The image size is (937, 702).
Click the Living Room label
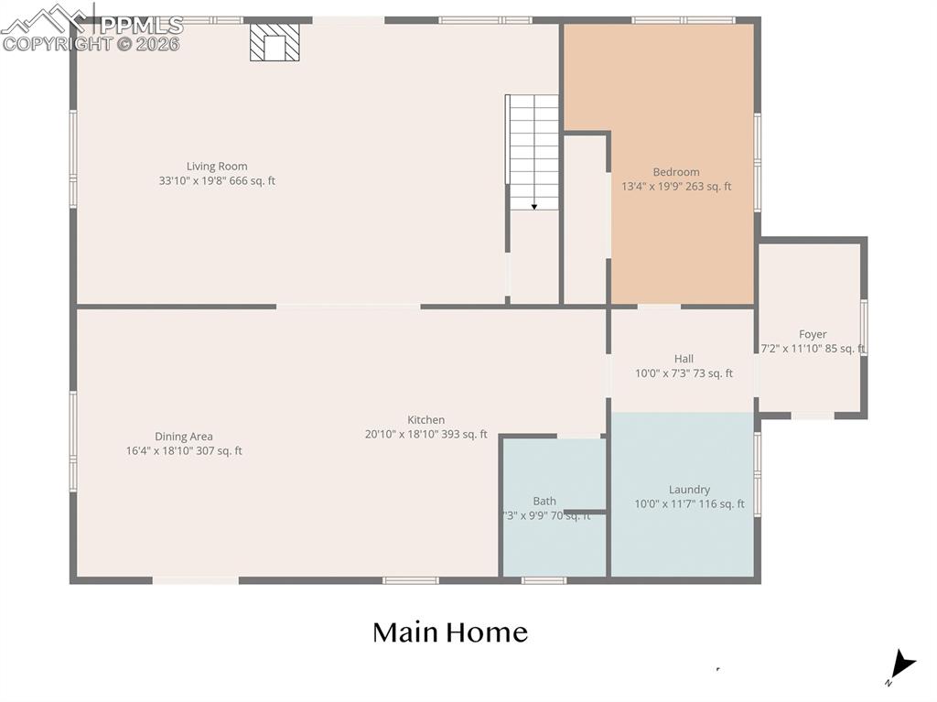tap(217, 167)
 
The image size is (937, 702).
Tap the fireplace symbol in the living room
tap(275, 42)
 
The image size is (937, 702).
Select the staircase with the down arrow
tap(533, 151)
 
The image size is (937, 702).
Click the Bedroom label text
tap(676, 172)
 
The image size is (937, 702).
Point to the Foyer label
tap(813, 335)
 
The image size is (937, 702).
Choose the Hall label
tap(684, 359)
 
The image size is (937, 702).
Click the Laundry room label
tap(689, 490)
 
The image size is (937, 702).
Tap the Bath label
tap(544, 501)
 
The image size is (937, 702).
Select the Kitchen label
tap(426, 420)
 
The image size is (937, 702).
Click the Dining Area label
tap(184, 437)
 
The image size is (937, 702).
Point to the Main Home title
tap(450, 632)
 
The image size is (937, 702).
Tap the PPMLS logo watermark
tap(92, 27)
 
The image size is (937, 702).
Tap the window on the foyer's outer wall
tap(863, 328)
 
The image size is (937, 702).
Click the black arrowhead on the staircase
tap(534, 207)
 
